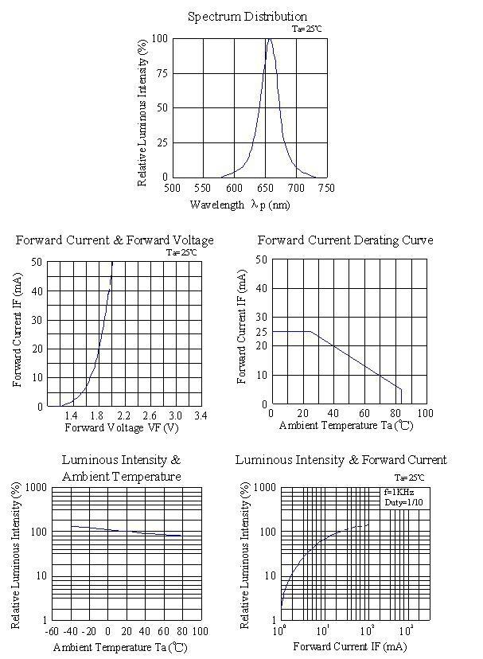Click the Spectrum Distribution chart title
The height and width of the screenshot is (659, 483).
point(247,17)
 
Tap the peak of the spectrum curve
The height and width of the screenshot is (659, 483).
point(270,39)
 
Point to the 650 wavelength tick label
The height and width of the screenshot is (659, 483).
point(265,188)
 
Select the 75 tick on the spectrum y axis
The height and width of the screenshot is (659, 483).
point(162,73)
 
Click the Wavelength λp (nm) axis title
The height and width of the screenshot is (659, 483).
point(240,205)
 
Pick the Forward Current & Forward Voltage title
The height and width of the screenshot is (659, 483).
point(115,240)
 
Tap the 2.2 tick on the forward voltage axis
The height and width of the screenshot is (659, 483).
point(123,415)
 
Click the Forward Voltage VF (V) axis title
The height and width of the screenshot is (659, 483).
point(122,428)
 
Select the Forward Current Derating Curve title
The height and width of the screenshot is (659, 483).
point(345,240)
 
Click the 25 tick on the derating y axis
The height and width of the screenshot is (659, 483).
point(262,332)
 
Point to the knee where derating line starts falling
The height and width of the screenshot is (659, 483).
point(310,332)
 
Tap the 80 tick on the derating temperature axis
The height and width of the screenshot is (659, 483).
point(395,414)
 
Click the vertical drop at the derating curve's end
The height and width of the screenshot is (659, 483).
point(402,396)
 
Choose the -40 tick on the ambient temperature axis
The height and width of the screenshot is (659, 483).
point(71,631)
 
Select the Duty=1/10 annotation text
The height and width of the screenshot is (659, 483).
point(403,502)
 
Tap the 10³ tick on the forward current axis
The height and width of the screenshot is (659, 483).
point(406,630)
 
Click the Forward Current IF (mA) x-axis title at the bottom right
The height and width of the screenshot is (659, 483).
point(350,646)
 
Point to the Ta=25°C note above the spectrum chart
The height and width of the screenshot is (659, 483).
point(307,29)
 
